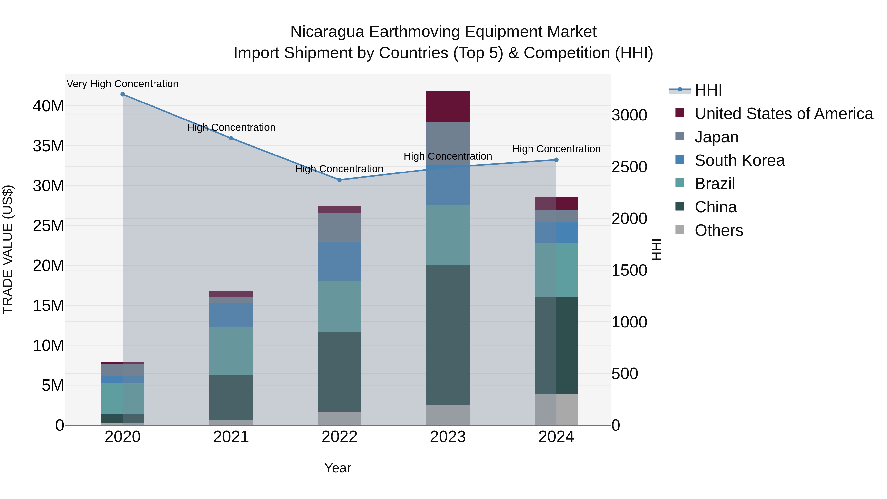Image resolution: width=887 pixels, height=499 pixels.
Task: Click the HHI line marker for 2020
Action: point(123,94)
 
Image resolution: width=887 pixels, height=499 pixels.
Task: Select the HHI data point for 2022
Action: point(339,180)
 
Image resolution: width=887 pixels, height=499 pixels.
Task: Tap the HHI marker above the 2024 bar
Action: point(556,160)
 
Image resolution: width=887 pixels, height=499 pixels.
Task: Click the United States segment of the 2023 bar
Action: point(448,106)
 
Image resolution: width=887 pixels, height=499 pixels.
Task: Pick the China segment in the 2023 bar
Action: point(448,335)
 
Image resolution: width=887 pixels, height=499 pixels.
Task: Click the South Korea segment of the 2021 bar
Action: point(231,315)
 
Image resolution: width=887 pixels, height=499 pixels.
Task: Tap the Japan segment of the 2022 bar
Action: point(339,227)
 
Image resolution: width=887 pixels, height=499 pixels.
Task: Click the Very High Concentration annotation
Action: point(123,84)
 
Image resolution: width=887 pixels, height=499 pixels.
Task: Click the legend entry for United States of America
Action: point(783,114)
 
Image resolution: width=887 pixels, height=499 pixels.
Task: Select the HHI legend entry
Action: point(708,90)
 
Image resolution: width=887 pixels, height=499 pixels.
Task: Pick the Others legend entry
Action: point(719,230)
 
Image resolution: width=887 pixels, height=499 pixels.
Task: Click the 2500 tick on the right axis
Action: point(629,167)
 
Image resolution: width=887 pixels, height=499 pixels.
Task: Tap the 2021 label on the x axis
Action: point(231,437)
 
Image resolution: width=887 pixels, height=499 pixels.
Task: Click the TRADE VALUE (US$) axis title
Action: point(8,249)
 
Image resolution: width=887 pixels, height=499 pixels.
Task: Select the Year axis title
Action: point(338,468)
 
